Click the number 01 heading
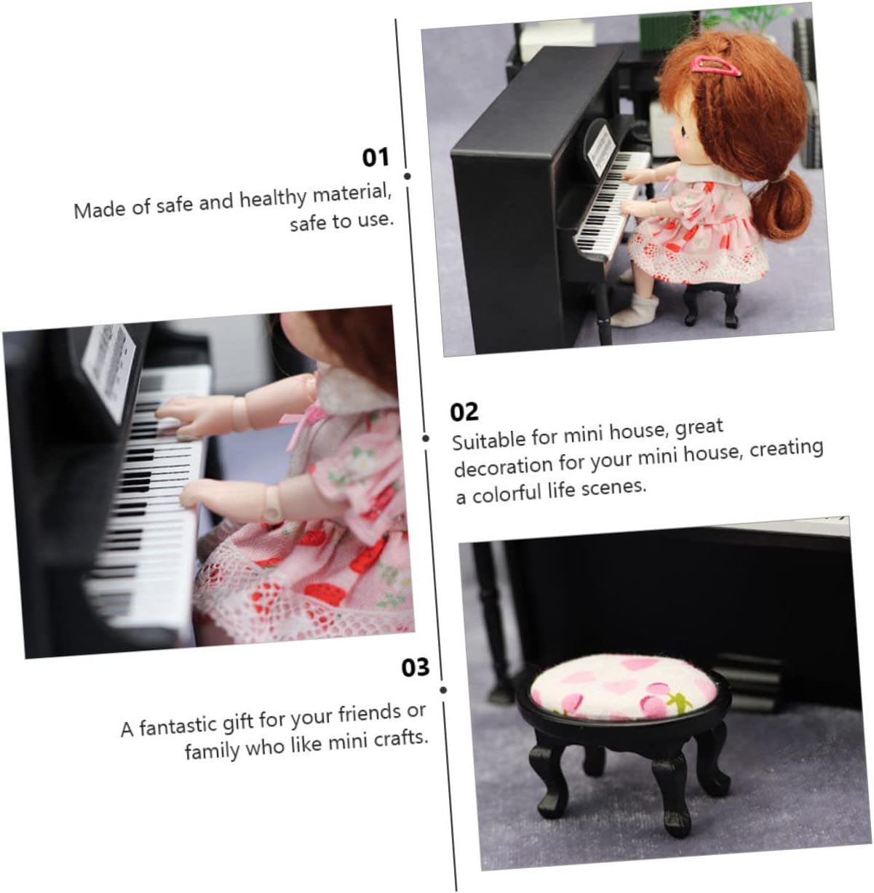376,157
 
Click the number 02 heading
464,411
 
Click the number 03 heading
416,667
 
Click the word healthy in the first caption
273,199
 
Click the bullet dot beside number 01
408,176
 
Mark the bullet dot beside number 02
426,438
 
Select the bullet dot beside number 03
443,690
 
